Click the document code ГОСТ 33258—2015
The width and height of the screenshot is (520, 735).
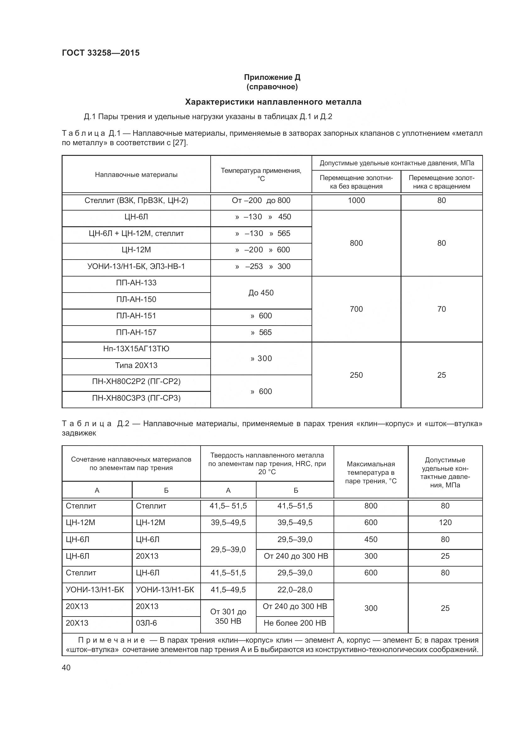(101, 53)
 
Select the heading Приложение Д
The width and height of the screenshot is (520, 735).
(272, 77)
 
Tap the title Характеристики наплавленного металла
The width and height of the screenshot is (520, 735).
(273, 102)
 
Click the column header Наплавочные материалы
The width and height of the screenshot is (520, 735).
(136, 175)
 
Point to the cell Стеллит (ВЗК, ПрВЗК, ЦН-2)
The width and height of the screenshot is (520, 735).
(136, 201)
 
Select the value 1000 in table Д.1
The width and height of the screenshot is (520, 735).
(356, 201)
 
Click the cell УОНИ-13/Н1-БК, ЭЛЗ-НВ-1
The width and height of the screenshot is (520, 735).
(136, 266)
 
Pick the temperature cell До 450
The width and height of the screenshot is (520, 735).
(261, 293)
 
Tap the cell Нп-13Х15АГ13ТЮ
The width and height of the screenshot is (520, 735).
(136, 349)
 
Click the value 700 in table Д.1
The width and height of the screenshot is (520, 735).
(356, 309)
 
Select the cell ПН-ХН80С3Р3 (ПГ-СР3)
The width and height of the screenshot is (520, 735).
(136, 398)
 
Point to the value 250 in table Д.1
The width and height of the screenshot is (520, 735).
(356, 375)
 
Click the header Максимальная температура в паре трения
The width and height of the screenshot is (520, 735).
(371, 473)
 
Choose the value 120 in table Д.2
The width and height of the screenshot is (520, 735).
(445, 523)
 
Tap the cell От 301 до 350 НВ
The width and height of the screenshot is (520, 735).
(228, 616)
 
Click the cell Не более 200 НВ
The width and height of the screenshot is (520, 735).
(295, 623)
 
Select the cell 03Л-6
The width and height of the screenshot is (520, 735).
(146, 623)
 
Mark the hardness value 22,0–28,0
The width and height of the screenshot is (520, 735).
(295, 590)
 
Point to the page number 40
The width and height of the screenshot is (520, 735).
(66, 667)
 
